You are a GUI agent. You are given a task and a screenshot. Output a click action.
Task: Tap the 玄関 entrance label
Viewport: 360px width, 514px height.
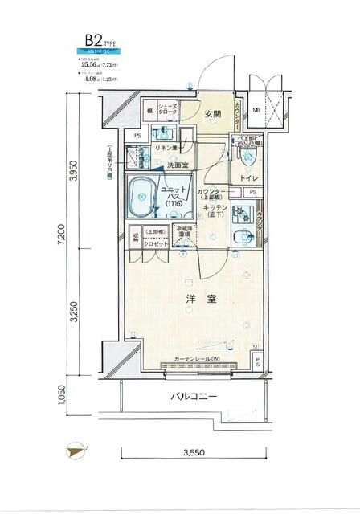212,115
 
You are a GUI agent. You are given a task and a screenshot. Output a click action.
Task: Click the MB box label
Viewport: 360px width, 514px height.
256,110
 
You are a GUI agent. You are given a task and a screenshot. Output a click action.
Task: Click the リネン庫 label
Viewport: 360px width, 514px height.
167,147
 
